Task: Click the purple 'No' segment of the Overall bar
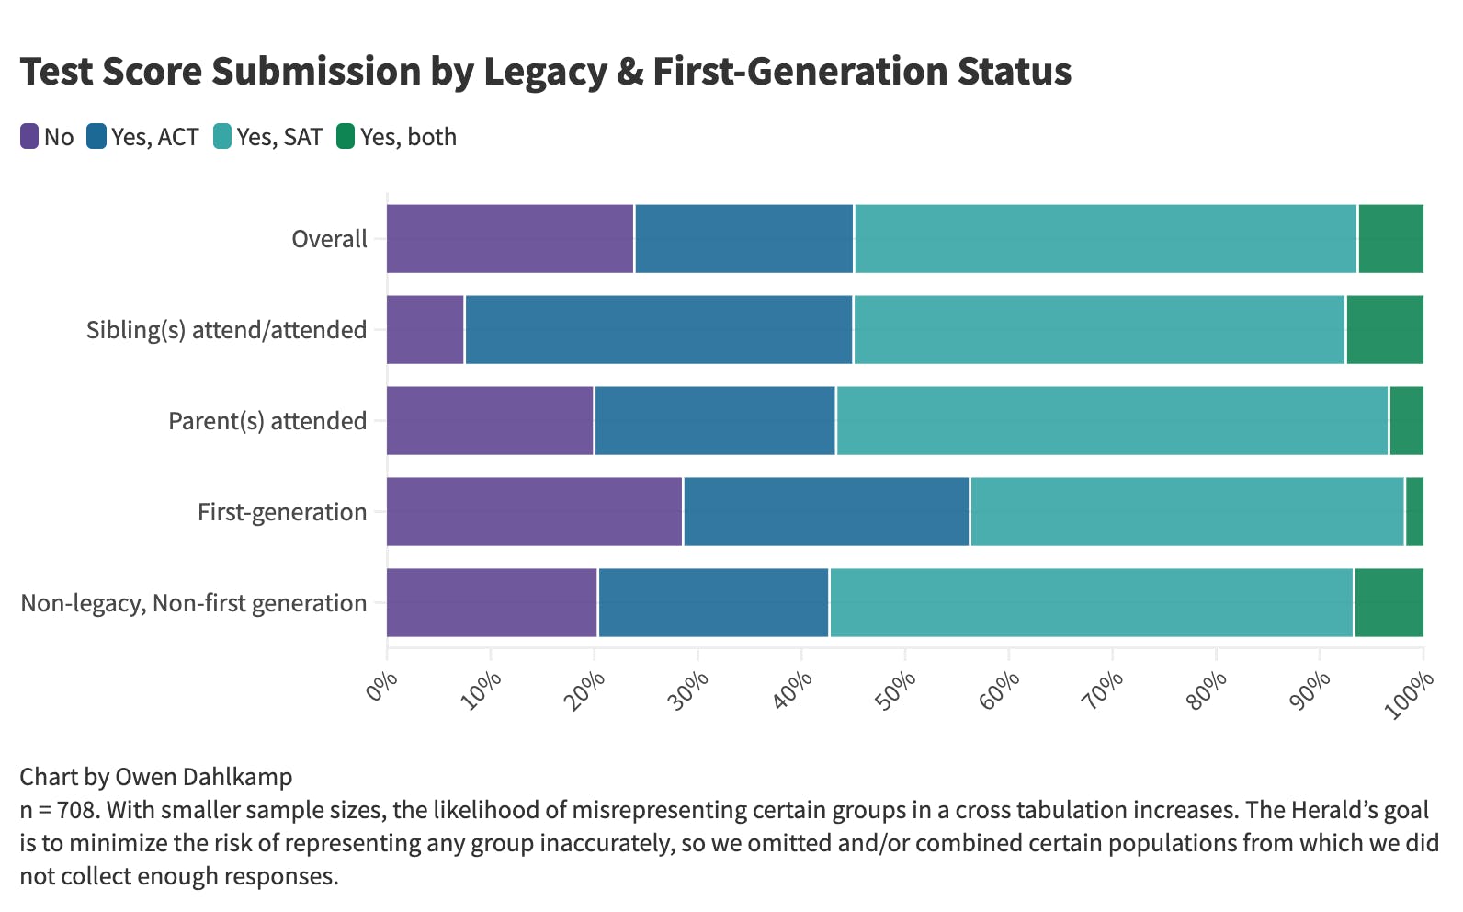(x=510, y=239)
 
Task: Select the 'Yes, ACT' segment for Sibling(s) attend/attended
(x=658, y=330)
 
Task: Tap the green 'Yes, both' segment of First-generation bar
(x=1414, y=512)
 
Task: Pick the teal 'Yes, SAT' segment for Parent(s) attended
(x=1112, y=421)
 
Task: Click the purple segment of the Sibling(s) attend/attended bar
(x=425, y=330)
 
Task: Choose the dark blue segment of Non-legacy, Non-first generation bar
(x=713, y=603)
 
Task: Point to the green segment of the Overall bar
(x=1390, y=239)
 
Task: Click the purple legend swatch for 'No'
(x=29, y=137)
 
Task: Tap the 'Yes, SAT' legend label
(x=279, y=137)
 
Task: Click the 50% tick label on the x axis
(x=896, y=690)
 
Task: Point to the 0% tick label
(x=380, y=687)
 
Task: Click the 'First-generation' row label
(x=282, y=512)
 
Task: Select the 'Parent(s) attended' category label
(x=267, y=421)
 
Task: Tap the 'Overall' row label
(x=329, y=239)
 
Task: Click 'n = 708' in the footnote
(x=57, y=810)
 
